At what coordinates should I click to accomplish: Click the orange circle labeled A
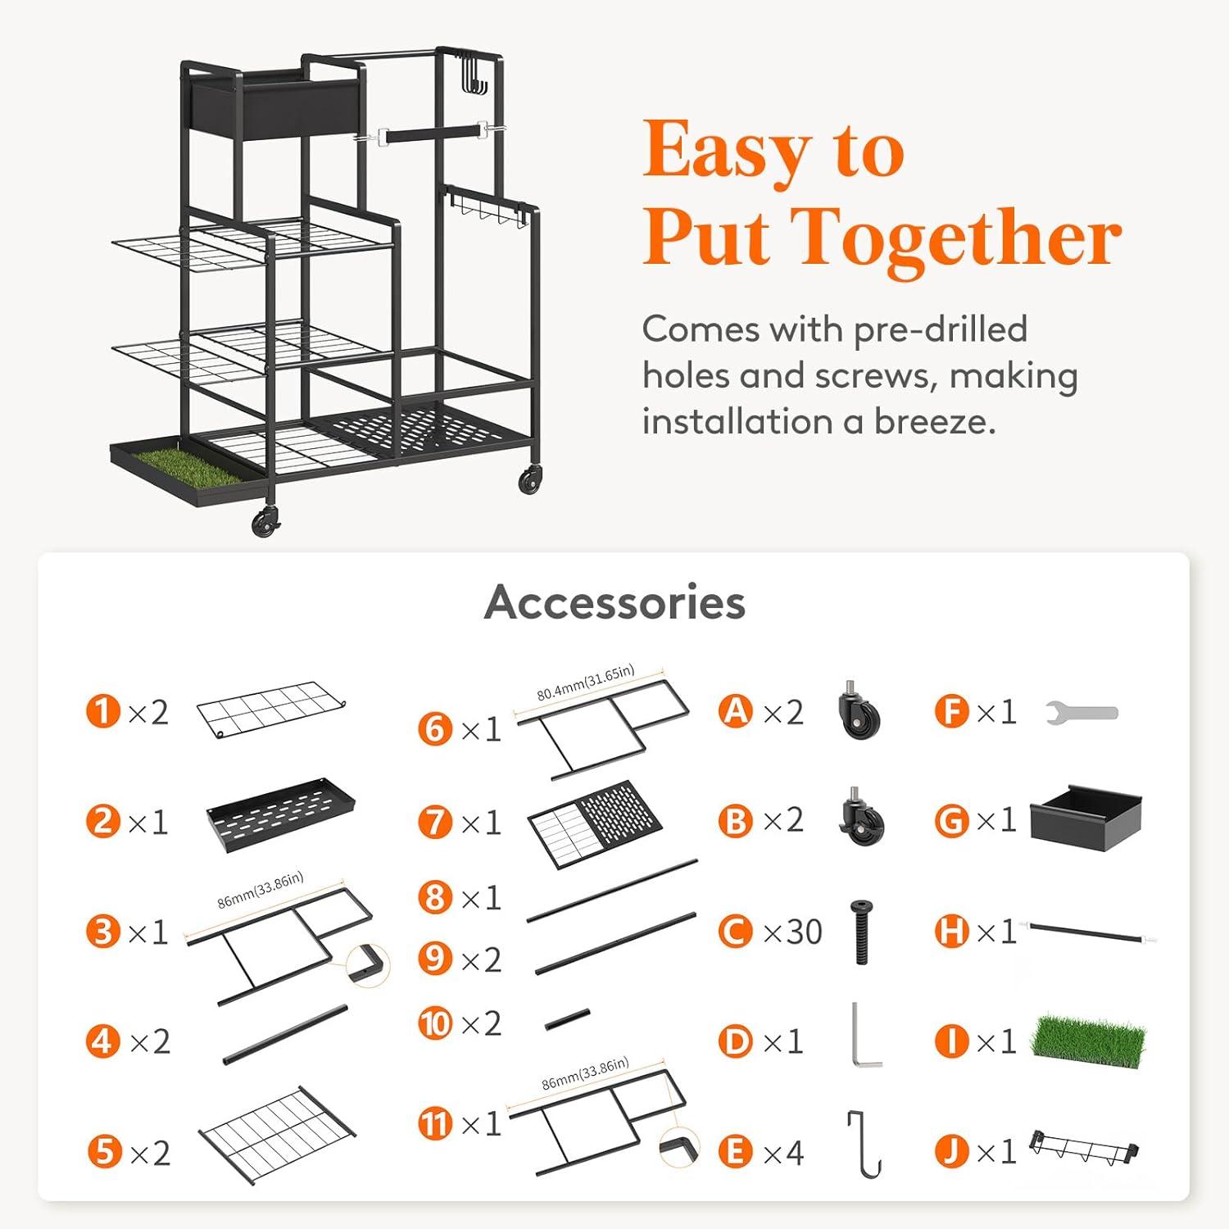click(x=735, y=711)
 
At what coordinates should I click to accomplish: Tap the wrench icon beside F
click(x=1082, y=713)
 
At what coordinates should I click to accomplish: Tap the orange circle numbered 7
click(x=435, y=822)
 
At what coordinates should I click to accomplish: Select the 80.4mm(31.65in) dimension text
click(x=585, y=683)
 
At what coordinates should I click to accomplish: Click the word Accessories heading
click(x=614, y=602)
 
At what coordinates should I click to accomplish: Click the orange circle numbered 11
click(x=435, y=1122)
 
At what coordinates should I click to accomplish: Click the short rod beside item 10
click(x=567, y=1019)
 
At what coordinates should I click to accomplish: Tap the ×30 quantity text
click(x=792, y=932)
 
